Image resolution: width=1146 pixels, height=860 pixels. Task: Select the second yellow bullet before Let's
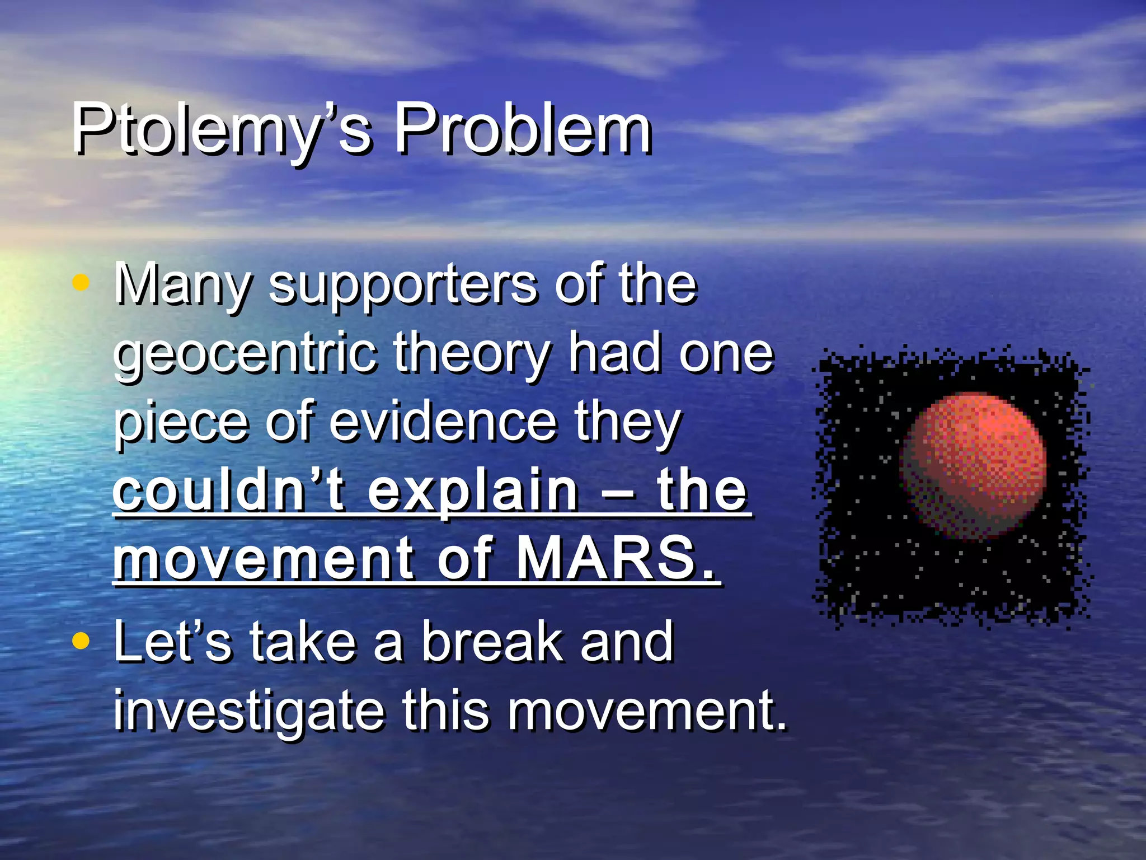[81, 641]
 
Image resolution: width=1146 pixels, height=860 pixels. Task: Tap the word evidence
[442, 423]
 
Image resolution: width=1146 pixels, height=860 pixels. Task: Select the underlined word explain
[473, 491]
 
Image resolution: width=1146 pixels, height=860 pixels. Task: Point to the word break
[492, 643]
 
